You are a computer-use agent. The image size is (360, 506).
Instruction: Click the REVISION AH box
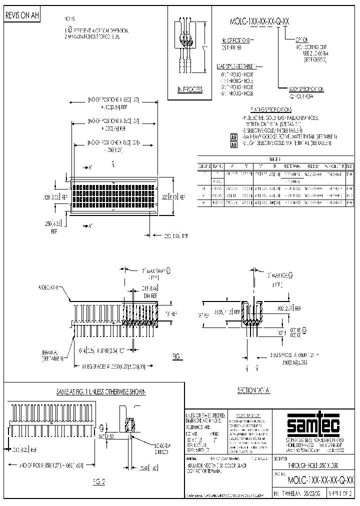click(21, 15)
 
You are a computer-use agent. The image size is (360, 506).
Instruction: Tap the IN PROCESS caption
click(190, 89)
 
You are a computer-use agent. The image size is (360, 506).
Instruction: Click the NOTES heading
click(69, 18)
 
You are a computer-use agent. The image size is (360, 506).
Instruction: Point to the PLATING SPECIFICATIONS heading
click(270, 109)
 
